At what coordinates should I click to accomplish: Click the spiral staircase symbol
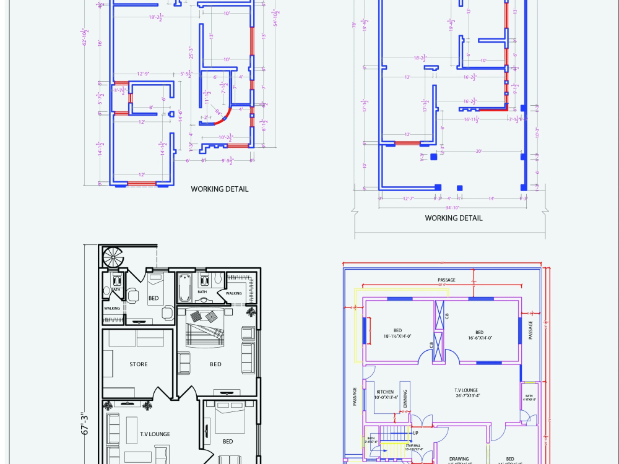coord(114,257)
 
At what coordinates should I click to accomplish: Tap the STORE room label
coord(139,364)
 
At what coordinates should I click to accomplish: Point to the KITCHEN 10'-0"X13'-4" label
coord(385,395)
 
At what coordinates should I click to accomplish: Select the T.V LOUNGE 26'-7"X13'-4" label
coord(467,393)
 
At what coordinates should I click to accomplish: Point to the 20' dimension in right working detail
coord(478,151)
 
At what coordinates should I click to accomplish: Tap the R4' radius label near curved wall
coord(219,112)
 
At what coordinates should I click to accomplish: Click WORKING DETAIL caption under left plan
coord(219,189)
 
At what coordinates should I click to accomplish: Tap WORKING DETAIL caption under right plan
coord(453,218)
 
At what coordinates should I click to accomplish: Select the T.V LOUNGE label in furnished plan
coord(155,434)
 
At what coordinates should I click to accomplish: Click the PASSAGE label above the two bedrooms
coord(446,280)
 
